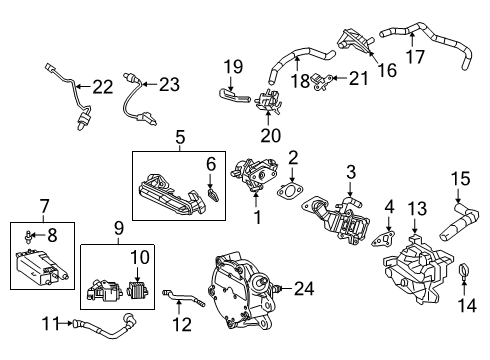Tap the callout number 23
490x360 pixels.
(167, 84)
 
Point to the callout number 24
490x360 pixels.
(303, 290)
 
